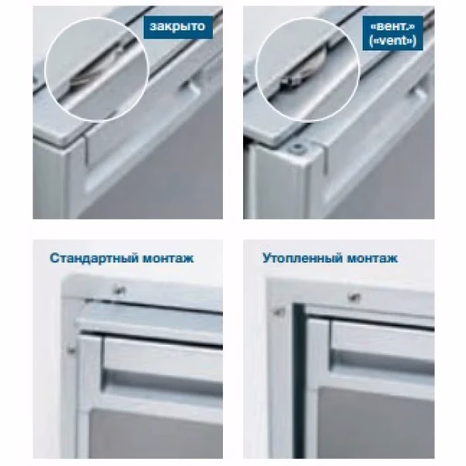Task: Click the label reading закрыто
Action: tap(178, 26)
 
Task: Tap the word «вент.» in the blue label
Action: tap(392, 26)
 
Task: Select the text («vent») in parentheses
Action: tap(392, 40)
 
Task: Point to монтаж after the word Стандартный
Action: tap(169, 259)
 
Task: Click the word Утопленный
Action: tap(303, 258)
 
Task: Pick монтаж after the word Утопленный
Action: tap(372, 259)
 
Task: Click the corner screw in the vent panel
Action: tap(297, 147)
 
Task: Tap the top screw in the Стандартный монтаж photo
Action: tap(119, 290)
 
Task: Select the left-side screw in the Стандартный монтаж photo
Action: tap(71, 350)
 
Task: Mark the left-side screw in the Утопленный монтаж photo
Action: tap(279, 311)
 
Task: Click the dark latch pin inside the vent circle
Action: tap(286, 83)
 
